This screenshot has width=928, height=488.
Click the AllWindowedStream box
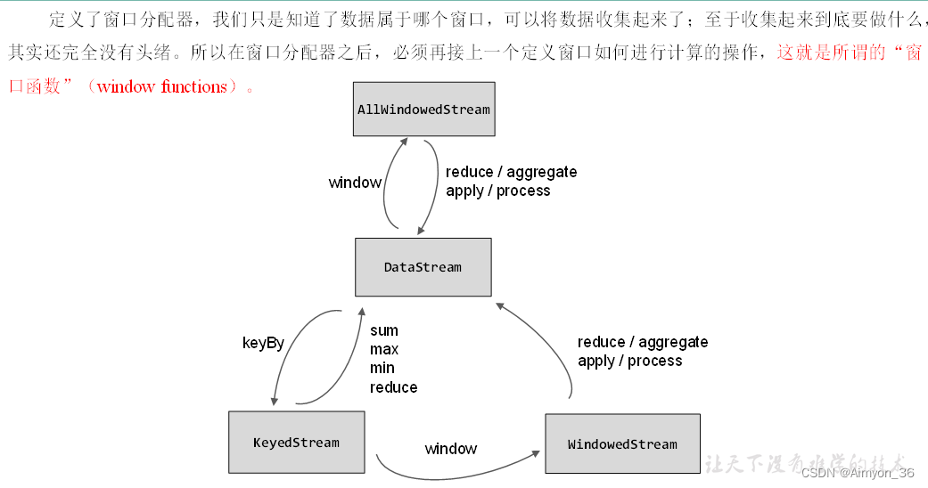coord(423,110)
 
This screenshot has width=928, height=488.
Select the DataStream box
coord(423,267)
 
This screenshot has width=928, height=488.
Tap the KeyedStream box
coord(296,443)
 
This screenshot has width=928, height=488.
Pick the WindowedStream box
coord(622,443)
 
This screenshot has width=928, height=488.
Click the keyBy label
coord(263,343)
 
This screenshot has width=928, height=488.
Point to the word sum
coord(384,330)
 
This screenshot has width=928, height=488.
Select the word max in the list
coord(384,349)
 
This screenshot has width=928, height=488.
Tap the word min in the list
coord(382,368)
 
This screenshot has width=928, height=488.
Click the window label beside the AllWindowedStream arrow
coord(355,183)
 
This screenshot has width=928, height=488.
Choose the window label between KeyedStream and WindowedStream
coord(451,449)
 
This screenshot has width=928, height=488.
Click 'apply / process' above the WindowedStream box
coord(629,361)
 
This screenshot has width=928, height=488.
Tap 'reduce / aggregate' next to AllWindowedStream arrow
coord(511,172)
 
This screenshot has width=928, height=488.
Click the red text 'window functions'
coord(161,87)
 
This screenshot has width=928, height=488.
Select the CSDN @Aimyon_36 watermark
coord(858,473)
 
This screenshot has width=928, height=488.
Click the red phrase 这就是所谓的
coord(831,53)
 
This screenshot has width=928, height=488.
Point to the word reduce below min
coord(393,387)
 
